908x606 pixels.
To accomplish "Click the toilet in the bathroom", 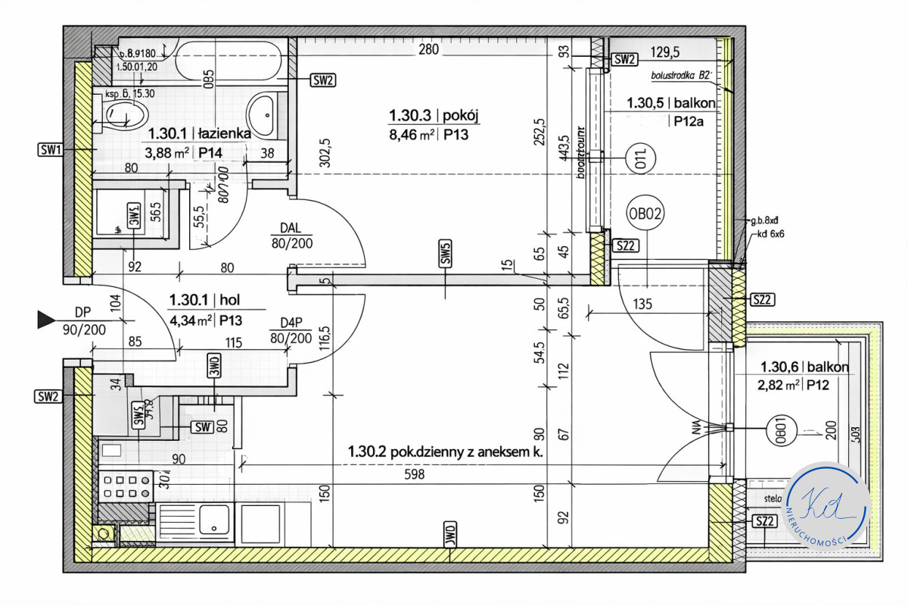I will click(126, 114).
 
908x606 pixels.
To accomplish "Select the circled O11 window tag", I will click(640, 158).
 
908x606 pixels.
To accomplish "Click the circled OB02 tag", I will click(645, 214).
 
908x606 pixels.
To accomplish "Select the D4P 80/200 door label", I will click(291, 331).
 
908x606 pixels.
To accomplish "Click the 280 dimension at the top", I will click(428, 50).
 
